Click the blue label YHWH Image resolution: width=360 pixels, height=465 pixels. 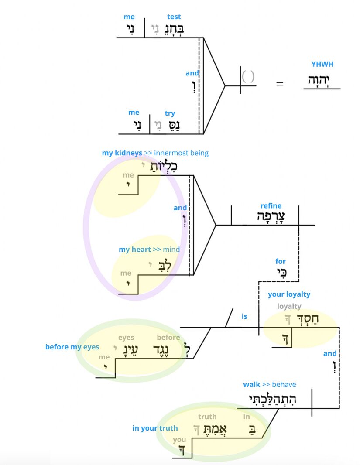pyautogui.click(x=322, y=64)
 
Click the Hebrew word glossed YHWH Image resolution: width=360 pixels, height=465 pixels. pyautogui.click(x=322, y=80)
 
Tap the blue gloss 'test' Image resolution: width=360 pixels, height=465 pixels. pyautogui.click(x=174, y=17)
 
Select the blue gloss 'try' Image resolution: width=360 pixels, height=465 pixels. pyautogui.click(x=170, y=113)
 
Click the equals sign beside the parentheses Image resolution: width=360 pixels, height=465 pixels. pyautogui.click(x=280, y=84)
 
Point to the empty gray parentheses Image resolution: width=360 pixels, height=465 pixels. pyautogui.click(x=248, y=77)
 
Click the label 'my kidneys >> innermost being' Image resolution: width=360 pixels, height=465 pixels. pyautogui.click(x=155, y=153)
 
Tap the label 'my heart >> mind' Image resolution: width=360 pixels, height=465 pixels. pyautogui.click(x=149, y=250)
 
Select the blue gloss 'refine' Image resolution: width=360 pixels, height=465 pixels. pyautogui.click(x=271, y=205)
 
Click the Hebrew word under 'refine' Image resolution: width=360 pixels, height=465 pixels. pyautogui.click(x=271, y=217)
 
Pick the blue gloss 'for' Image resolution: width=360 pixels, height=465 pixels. pyautogui.click(x=280, y=261)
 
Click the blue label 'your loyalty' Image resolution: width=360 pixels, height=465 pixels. pyautogui.click(x=289, y=294)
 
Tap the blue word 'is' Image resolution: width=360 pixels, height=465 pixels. pyautogui.click(x=244, y=316)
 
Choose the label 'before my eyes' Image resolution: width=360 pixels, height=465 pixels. pyautogui.click(x=72, y=347)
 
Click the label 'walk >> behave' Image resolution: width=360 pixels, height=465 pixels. pyautogui.click(x=269, y=384)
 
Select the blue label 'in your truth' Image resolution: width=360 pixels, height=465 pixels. pyautogui.click(x=155, y=428)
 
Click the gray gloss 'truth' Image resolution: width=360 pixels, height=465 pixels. pyautogui.click(x=207, y=417)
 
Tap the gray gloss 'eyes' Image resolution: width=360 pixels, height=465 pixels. pyautogui.click(x=126, y=337)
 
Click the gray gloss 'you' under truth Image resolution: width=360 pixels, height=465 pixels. pyautogui.click(x=179, y=439)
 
